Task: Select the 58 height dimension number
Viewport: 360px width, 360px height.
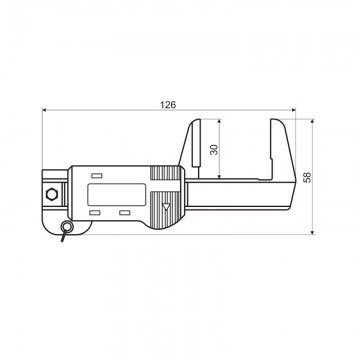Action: click(x=308, y=176)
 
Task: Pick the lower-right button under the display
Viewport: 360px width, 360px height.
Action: click(x=125, y=212)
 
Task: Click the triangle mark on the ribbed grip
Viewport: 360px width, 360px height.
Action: click(x=165, y=206)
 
